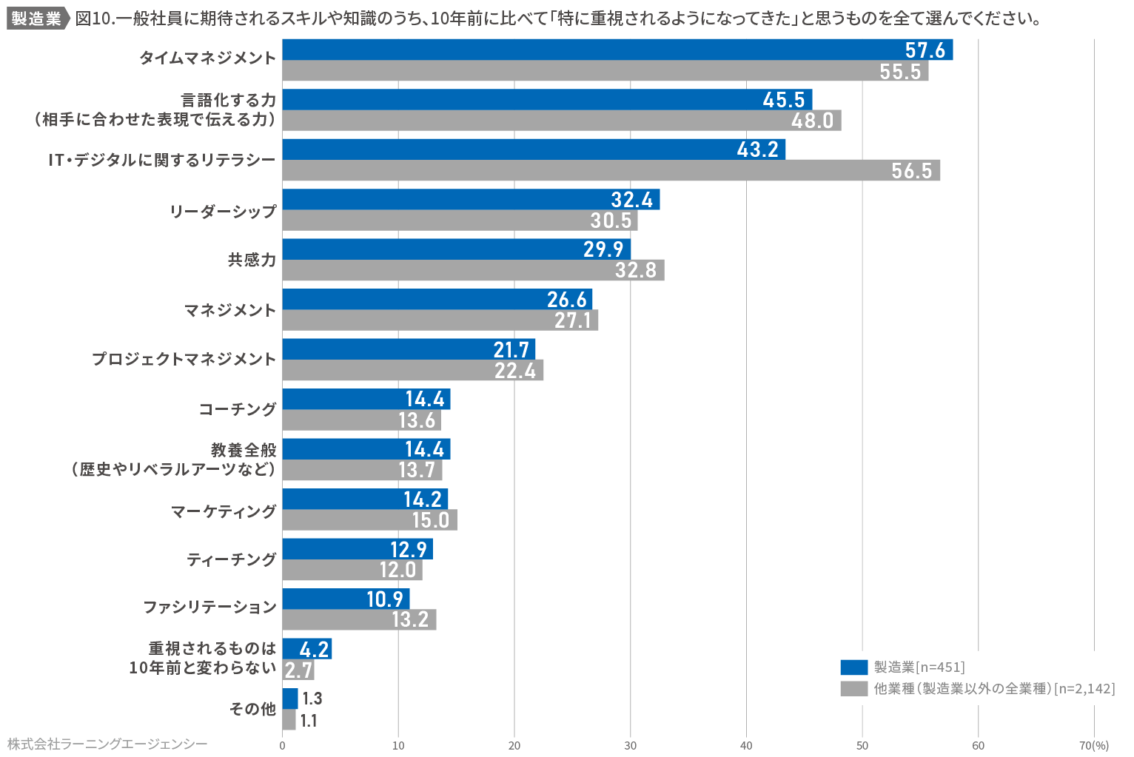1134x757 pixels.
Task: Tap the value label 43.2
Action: click(x=758, y=149)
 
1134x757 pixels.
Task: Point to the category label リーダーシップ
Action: click(x=223, y=211)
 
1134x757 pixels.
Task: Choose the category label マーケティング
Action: click(x=224, y=511)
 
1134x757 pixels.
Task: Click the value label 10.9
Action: click(x=385, y=599)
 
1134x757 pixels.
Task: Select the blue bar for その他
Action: click(x=290, y=699)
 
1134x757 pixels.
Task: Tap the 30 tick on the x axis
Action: click(x=630, y=745)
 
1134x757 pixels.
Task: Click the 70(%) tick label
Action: click(x=1093, y=745)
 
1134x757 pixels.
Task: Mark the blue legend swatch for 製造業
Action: click(x=853, y=667)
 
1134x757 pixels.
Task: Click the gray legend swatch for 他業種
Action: click(x=853, y=689)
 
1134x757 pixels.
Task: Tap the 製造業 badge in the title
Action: click(x=36, y=18)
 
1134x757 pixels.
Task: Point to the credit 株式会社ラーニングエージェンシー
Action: click(x=107, y=744)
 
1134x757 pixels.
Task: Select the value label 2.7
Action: click(x=298, y=670)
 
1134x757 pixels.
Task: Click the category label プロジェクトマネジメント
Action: click(x=184, y=359)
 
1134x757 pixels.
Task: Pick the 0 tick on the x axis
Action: click(x=282, y=745)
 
